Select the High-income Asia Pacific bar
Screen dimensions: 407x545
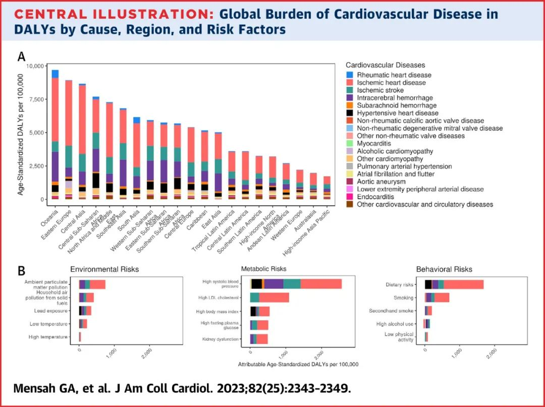click(326, 188)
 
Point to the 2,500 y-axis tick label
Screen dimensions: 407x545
click(35, 166)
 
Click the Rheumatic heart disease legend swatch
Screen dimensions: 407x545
click(350, 75)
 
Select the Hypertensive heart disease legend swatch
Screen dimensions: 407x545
click(350, 113)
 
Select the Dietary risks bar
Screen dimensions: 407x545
click(454, 284)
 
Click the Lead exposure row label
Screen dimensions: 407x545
click(47, 311)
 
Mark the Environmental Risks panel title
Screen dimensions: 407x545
click(104, 269)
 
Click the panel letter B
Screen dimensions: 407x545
click(22, 270)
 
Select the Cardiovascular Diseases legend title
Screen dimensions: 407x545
click(386, 65)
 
